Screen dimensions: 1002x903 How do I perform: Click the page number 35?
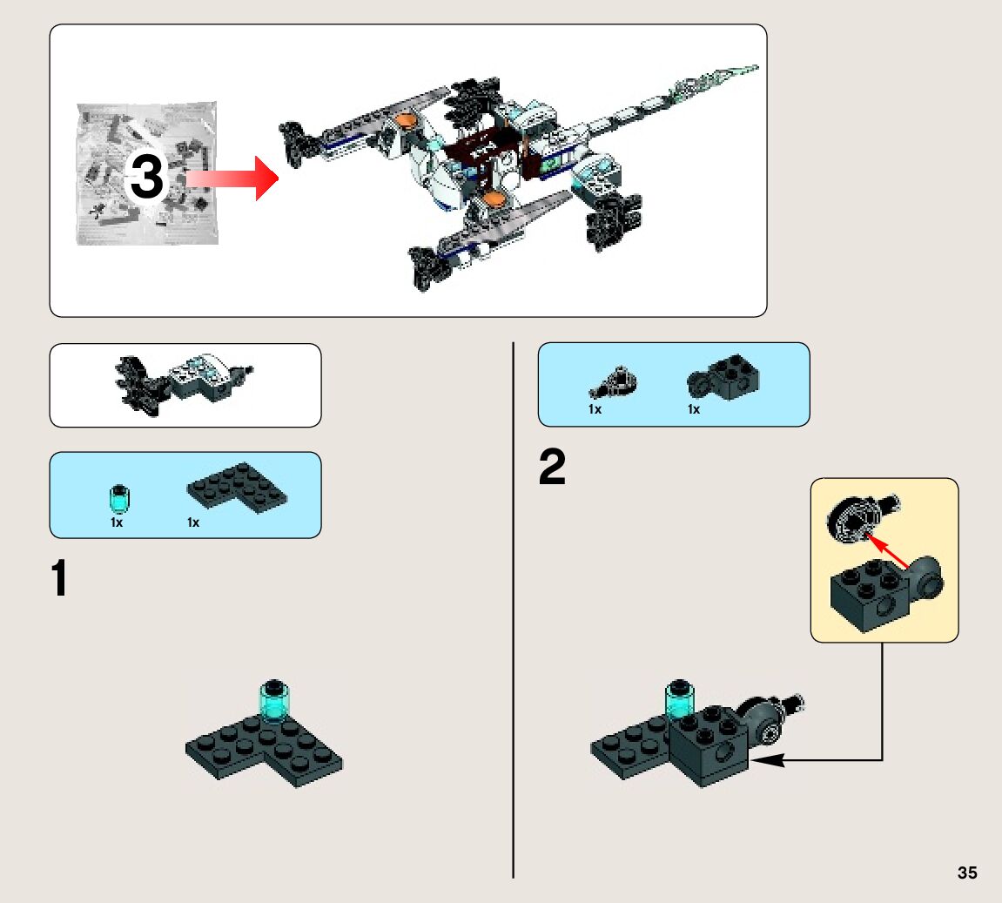tap(967, 873)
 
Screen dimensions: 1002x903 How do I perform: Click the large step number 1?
tap(59, 580)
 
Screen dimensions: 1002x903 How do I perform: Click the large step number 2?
tap(552, 469)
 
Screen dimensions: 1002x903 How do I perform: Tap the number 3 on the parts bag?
tap(146, 178)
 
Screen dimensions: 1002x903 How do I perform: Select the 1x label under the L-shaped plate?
tap(193, 522)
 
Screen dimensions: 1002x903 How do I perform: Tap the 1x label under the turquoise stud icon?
tap(117, 522)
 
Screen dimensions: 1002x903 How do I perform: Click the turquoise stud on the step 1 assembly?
tap(276, 701)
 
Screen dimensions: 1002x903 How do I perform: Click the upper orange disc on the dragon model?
tap(404, 119)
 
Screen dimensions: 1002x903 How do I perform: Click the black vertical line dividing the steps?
tap(514, 610)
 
